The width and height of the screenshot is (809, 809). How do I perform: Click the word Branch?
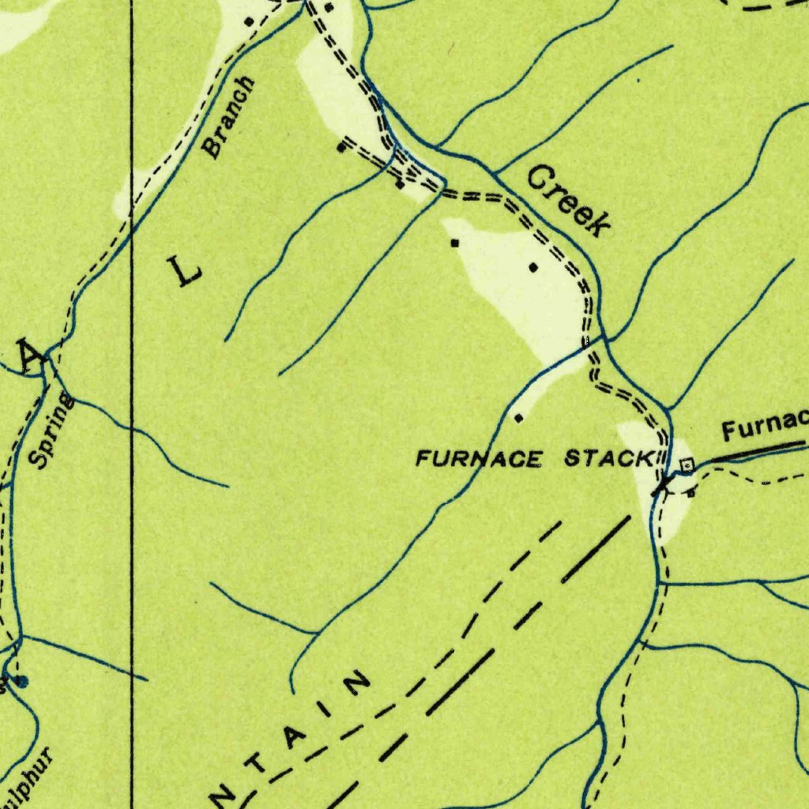coord(229,117)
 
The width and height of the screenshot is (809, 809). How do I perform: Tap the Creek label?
coord(570,201)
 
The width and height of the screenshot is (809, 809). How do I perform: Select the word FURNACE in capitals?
coord(480,457)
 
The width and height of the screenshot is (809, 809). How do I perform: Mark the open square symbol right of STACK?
coord(687,465)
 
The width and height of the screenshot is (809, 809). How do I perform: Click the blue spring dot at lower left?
coord(21,680)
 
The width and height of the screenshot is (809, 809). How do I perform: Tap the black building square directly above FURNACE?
coord(518,417)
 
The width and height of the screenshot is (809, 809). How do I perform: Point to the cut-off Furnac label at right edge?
coord(764,426)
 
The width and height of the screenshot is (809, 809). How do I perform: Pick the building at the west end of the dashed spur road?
coord(341,147)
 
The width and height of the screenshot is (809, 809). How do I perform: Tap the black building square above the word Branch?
coord(249,21)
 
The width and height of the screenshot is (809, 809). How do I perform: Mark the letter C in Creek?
coord(540,178)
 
